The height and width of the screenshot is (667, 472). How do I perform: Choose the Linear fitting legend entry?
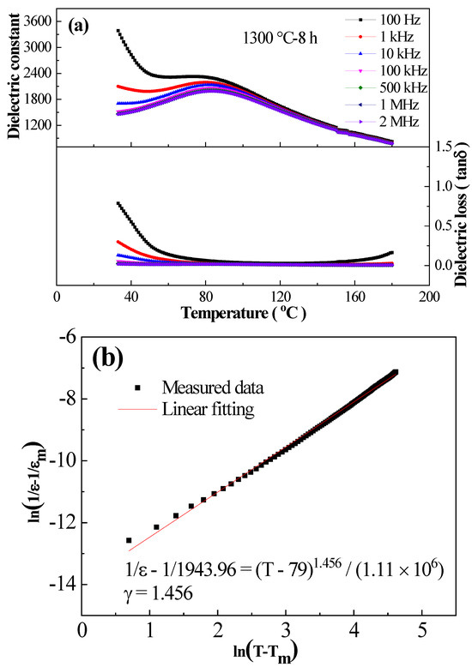[209, 411]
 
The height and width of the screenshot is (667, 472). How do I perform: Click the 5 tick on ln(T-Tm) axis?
[421, 631]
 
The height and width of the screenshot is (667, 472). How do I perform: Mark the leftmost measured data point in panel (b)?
[129, 540]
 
